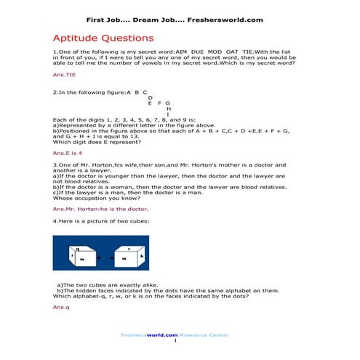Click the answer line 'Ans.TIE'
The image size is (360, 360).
[64, 74]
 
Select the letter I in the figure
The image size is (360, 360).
[168, 114]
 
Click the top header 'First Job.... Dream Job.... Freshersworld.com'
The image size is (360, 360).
[180, 20]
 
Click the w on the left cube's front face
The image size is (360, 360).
[82, 259]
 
